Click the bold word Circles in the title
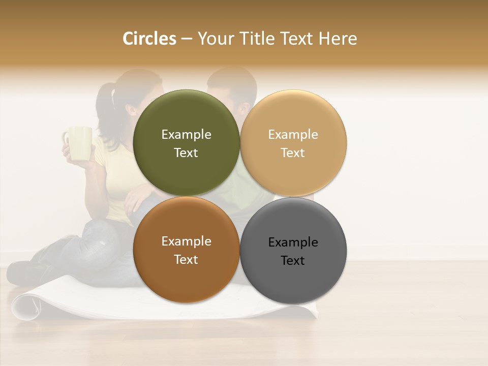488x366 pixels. click(149, 39)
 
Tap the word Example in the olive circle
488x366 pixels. click(186, 135)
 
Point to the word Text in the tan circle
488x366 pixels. click(293, 153)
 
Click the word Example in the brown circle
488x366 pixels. click(186, 241)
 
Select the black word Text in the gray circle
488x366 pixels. click(293, 261)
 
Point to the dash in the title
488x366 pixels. click(187, 39)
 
